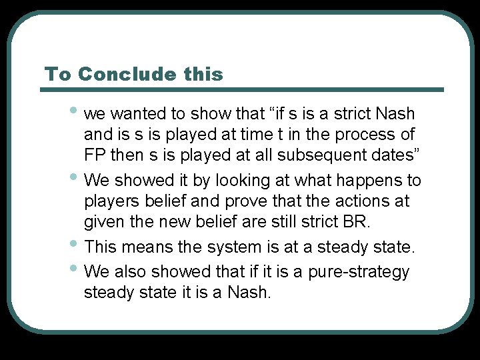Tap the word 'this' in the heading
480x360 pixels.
(x=203, y=74)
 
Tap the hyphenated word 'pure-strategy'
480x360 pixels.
(x=359, y=272)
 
